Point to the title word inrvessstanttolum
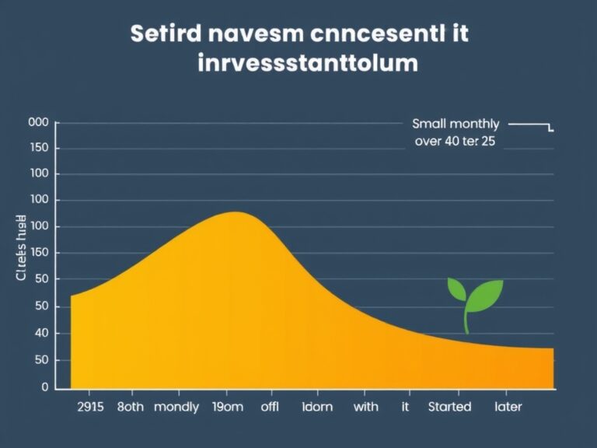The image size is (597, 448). tap(308, 63)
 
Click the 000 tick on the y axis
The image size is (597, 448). tap(38, 123)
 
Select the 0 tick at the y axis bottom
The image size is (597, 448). tap(45, 387)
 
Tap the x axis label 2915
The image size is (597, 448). tap(92, 407)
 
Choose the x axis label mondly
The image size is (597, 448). tap(176, 407)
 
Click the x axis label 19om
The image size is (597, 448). tap(228, 407)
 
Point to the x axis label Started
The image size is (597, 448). tap(449, 407)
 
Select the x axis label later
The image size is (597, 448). tap(508, 407)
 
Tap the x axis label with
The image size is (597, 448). tap(365, 407)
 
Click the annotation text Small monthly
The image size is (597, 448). tap(456, 124)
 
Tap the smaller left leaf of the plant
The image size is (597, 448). tap(457, 290)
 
